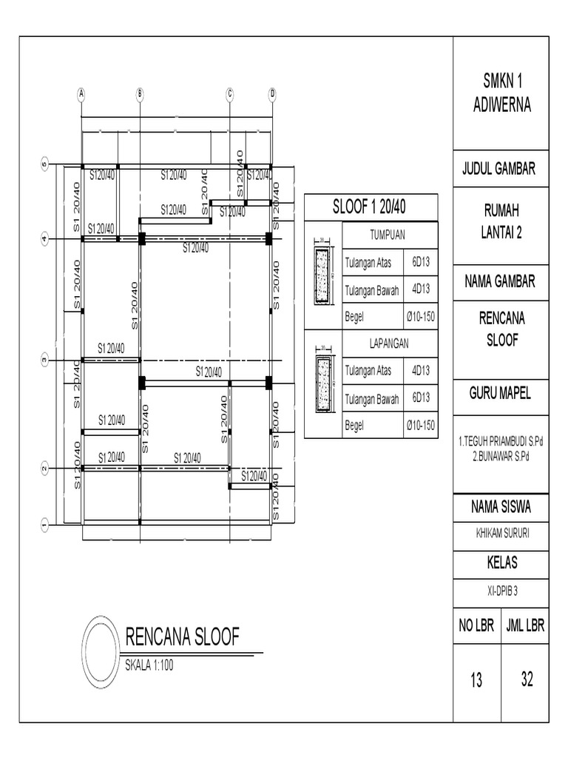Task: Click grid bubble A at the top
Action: (x=81, y=93)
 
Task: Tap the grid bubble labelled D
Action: (x=272, y=93)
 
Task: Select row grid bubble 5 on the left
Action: (x=44, y=164)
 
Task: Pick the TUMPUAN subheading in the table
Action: (x=389, y=235)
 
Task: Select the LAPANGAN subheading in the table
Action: (x=389, y=343)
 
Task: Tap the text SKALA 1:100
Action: (x=149, y=665)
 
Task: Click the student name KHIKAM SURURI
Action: (x=501, y=533)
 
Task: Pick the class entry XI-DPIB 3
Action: (x=501, y=590)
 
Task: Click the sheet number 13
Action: (x=476, y=680)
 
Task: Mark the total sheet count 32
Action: (x=526, y=679)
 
